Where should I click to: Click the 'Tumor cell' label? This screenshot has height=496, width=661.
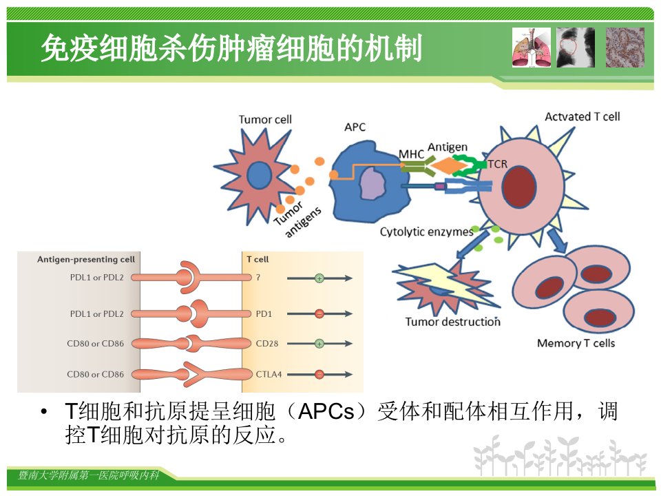pyautogui.click(x=264, y=120)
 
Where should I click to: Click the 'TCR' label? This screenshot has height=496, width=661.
pyautogui.click(x=498, y=164)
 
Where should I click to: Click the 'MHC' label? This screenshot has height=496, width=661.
pyautogui.click(x=412, y=154)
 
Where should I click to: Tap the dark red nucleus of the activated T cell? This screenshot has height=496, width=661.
pyautogui.click(x=518, y=187)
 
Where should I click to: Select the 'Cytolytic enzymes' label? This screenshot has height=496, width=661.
pyautogui.click(x=427, y=232)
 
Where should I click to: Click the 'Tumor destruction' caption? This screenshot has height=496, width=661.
pyautogui.click(x=453, y=322)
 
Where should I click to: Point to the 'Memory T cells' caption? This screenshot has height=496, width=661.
pyautogui.click(x=576, y=343)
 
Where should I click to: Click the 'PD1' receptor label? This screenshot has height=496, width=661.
pyautogui.click(x=264, y=314)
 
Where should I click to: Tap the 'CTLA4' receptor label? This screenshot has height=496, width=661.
pyautogui.click(x=269, y=374)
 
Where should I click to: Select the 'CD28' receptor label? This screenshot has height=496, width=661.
pyautogui.click(x=267, y=344)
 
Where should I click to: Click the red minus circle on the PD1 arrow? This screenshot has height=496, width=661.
pyautogui.click(x=319, y=314)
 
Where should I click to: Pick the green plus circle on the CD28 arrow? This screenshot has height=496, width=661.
pyautogui.click(x=319, y=344)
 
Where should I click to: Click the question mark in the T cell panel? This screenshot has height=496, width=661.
pyautogui.click(x=258, y=278)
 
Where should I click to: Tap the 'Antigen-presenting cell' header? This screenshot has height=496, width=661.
pyautogui.click(x=86, y=260)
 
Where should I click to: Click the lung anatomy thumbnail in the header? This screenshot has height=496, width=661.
pyautogui.click(x=532, y=48)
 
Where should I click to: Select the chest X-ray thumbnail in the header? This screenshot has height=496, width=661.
pyautogui.click(x=576, y=48)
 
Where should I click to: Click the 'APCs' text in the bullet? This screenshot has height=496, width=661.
pyautogui.click(x=326, y=412)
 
